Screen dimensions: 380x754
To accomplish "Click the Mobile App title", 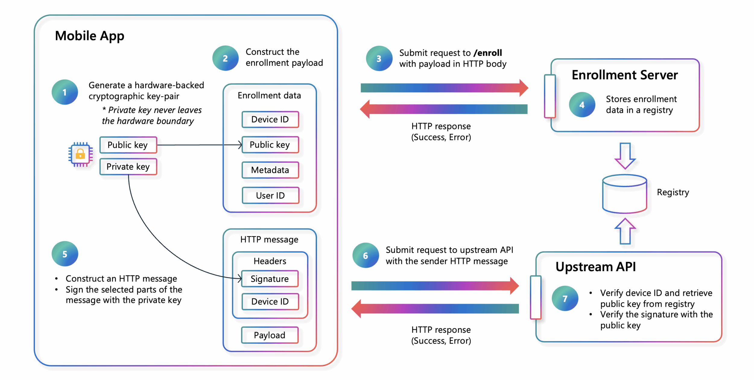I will [x=89, y=36].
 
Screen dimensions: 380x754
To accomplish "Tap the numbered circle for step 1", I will [x=65, y=92].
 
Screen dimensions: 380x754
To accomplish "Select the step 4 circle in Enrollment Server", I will [x=582, y=105].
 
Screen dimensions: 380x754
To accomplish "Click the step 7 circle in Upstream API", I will [x=565, y=299].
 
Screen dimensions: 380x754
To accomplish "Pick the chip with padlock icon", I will [x=80, y=154].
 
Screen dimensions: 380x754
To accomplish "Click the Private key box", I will [x=128, y=167].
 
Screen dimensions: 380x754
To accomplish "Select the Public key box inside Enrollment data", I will [x=270, y=145].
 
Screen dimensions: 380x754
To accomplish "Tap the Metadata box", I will [x=270, y=170].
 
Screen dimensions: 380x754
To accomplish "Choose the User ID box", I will [x=270, y=195].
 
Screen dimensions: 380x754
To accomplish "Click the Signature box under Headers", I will [x=270, y=279].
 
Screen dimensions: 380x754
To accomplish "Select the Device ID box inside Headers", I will [x=270, y=302].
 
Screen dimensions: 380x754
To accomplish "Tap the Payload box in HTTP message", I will [x=270, y=335].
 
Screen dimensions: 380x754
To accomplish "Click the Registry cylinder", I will [x=624, y=195].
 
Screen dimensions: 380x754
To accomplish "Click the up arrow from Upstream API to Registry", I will [x=625, y=231].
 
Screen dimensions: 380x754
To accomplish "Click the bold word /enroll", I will [x=488, y=53].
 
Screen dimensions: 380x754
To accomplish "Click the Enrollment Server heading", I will [x=624, y=75].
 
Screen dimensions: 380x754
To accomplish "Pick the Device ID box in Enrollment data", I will [x=270, y=119].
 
